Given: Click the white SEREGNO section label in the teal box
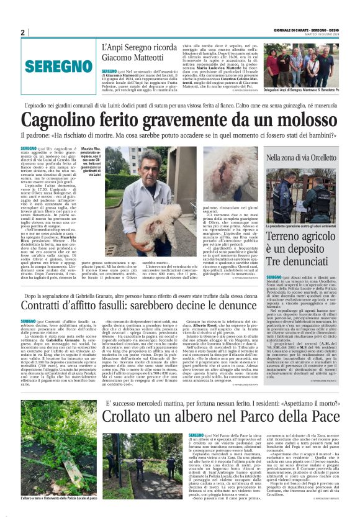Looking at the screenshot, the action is click(x=51, y=65).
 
